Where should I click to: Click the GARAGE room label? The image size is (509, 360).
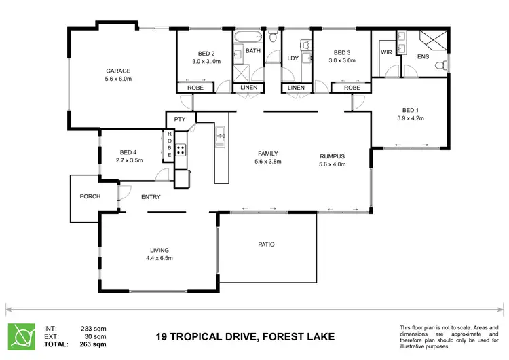point(117,71)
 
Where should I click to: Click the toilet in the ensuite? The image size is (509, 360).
point(440,65)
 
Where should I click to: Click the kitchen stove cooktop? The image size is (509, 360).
point(181,150)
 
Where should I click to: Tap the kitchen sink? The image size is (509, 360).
point(221,138)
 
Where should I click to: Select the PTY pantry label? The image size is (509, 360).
point(179,120)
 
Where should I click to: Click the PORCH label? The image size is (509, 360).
point(90,197)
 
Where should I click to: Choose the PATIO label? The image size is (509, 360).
point(266,245)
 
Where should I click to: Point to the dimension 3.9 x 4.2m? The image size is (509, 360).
point(409,118)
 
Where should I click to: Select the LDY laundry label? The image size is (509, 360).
point(293,58)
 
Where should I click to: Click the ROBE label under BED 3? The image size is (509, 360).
point(352,88)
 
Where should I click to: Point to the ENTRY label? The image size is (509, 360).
point(150,197)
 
